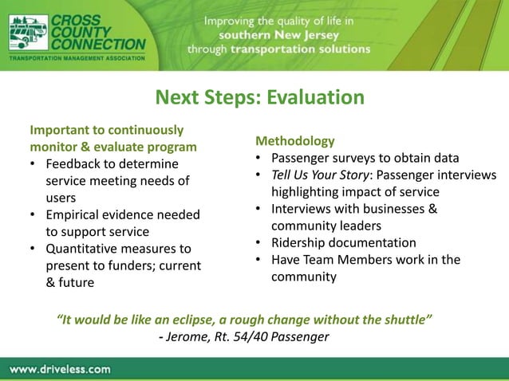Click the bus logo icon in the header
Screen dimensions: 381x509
point(28,33)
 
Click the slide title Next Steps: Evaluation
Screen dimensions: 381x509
point(259,97)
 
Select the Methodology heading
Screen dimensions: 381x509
point(295,141)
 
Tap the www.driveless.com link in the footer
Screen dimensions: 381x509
point(61,369)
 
